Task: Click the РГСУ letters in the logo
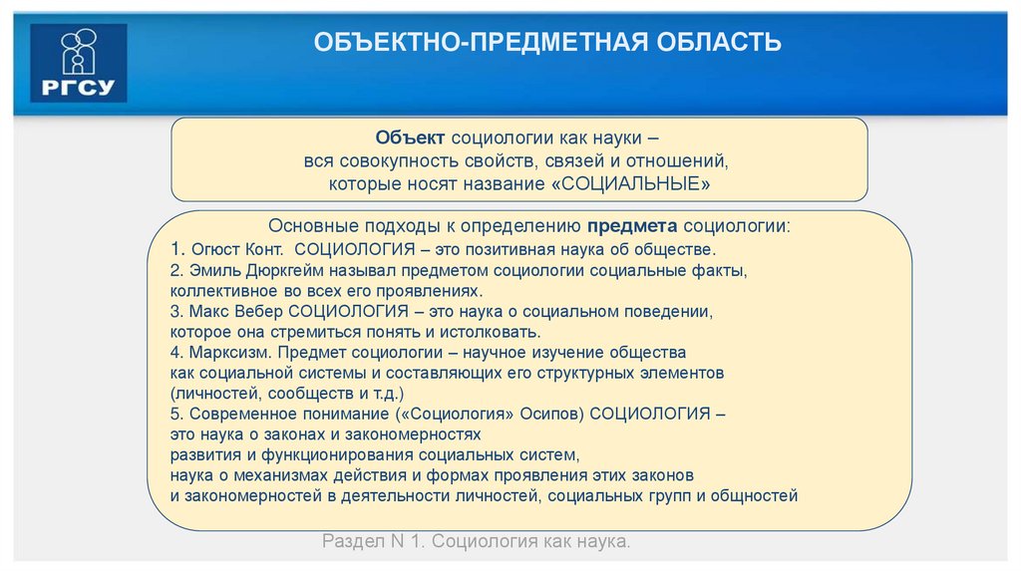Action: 79,85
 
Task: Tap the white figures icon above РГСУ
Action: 79,51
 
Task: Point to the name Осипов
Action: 520,414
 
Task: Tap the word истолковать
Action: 490,332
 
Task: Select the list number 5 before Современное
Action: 174,414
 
